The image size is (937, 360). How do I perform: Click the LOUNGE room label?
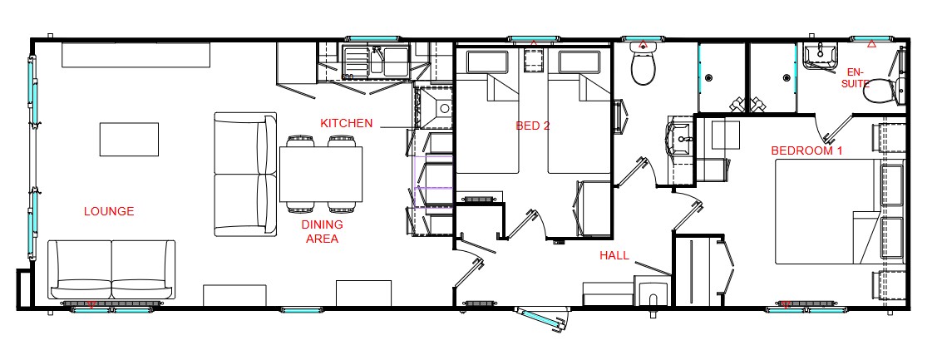109,211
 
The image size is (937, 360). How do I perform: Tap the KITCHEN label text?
347,124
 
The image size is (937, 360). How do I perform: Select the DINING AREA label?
322,232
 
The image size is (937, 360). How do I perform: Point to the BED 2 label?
533,126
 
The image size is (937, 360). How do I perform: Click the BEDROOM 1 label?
806,150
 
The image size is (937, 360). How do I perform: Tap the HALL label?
614,255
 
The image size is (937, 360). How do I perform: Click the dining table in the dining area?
321,174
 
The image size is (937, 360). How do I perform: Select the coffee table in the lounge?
129,140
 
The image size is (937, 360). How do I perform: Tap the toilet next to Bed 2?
644,66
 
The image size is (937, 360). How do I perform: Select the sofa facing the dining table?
245,174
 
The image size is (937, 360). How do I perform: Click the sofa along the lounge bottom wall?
111,269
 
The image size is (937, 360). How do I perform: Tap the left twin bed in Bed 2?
487,112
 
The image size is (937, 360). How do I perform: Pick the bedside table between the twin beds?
533,61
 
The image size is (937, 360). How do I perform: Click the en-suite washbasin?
819,57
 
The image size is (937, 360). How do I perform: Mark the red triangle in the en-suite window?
871,44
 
